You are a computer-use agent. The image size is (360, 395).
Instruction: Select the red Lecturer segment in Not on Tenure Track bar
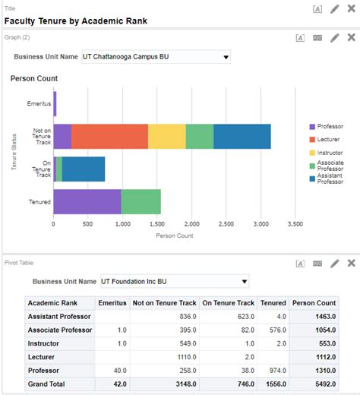109,136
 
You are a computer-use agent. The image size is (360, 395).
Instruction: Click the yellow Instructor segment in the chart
166,136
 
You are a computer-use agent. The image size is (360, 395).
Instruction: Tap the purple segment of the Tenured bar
87,201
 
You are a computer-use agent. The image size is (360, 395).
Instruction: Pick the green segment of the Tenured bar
141,201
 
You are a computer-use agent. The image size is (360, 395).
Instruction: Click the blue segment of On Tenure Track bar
84,169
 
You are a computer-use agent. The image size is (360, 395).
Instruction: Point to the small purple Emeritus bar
55,103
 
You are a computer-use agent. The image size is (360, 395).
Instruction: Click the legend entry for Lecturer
328,139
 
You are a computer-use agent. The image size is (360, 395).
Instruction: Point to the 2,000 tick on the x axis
191,225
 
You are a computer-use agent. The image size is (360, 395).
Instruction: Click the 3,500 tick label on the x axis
295,225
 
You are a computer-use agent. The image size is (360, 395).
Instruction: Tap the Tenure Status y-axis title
14,152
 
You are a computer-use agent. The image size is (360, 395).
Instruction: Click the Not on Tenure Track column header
165,302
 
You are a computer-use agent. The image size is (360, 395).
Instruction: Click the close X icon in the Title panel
351,8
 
